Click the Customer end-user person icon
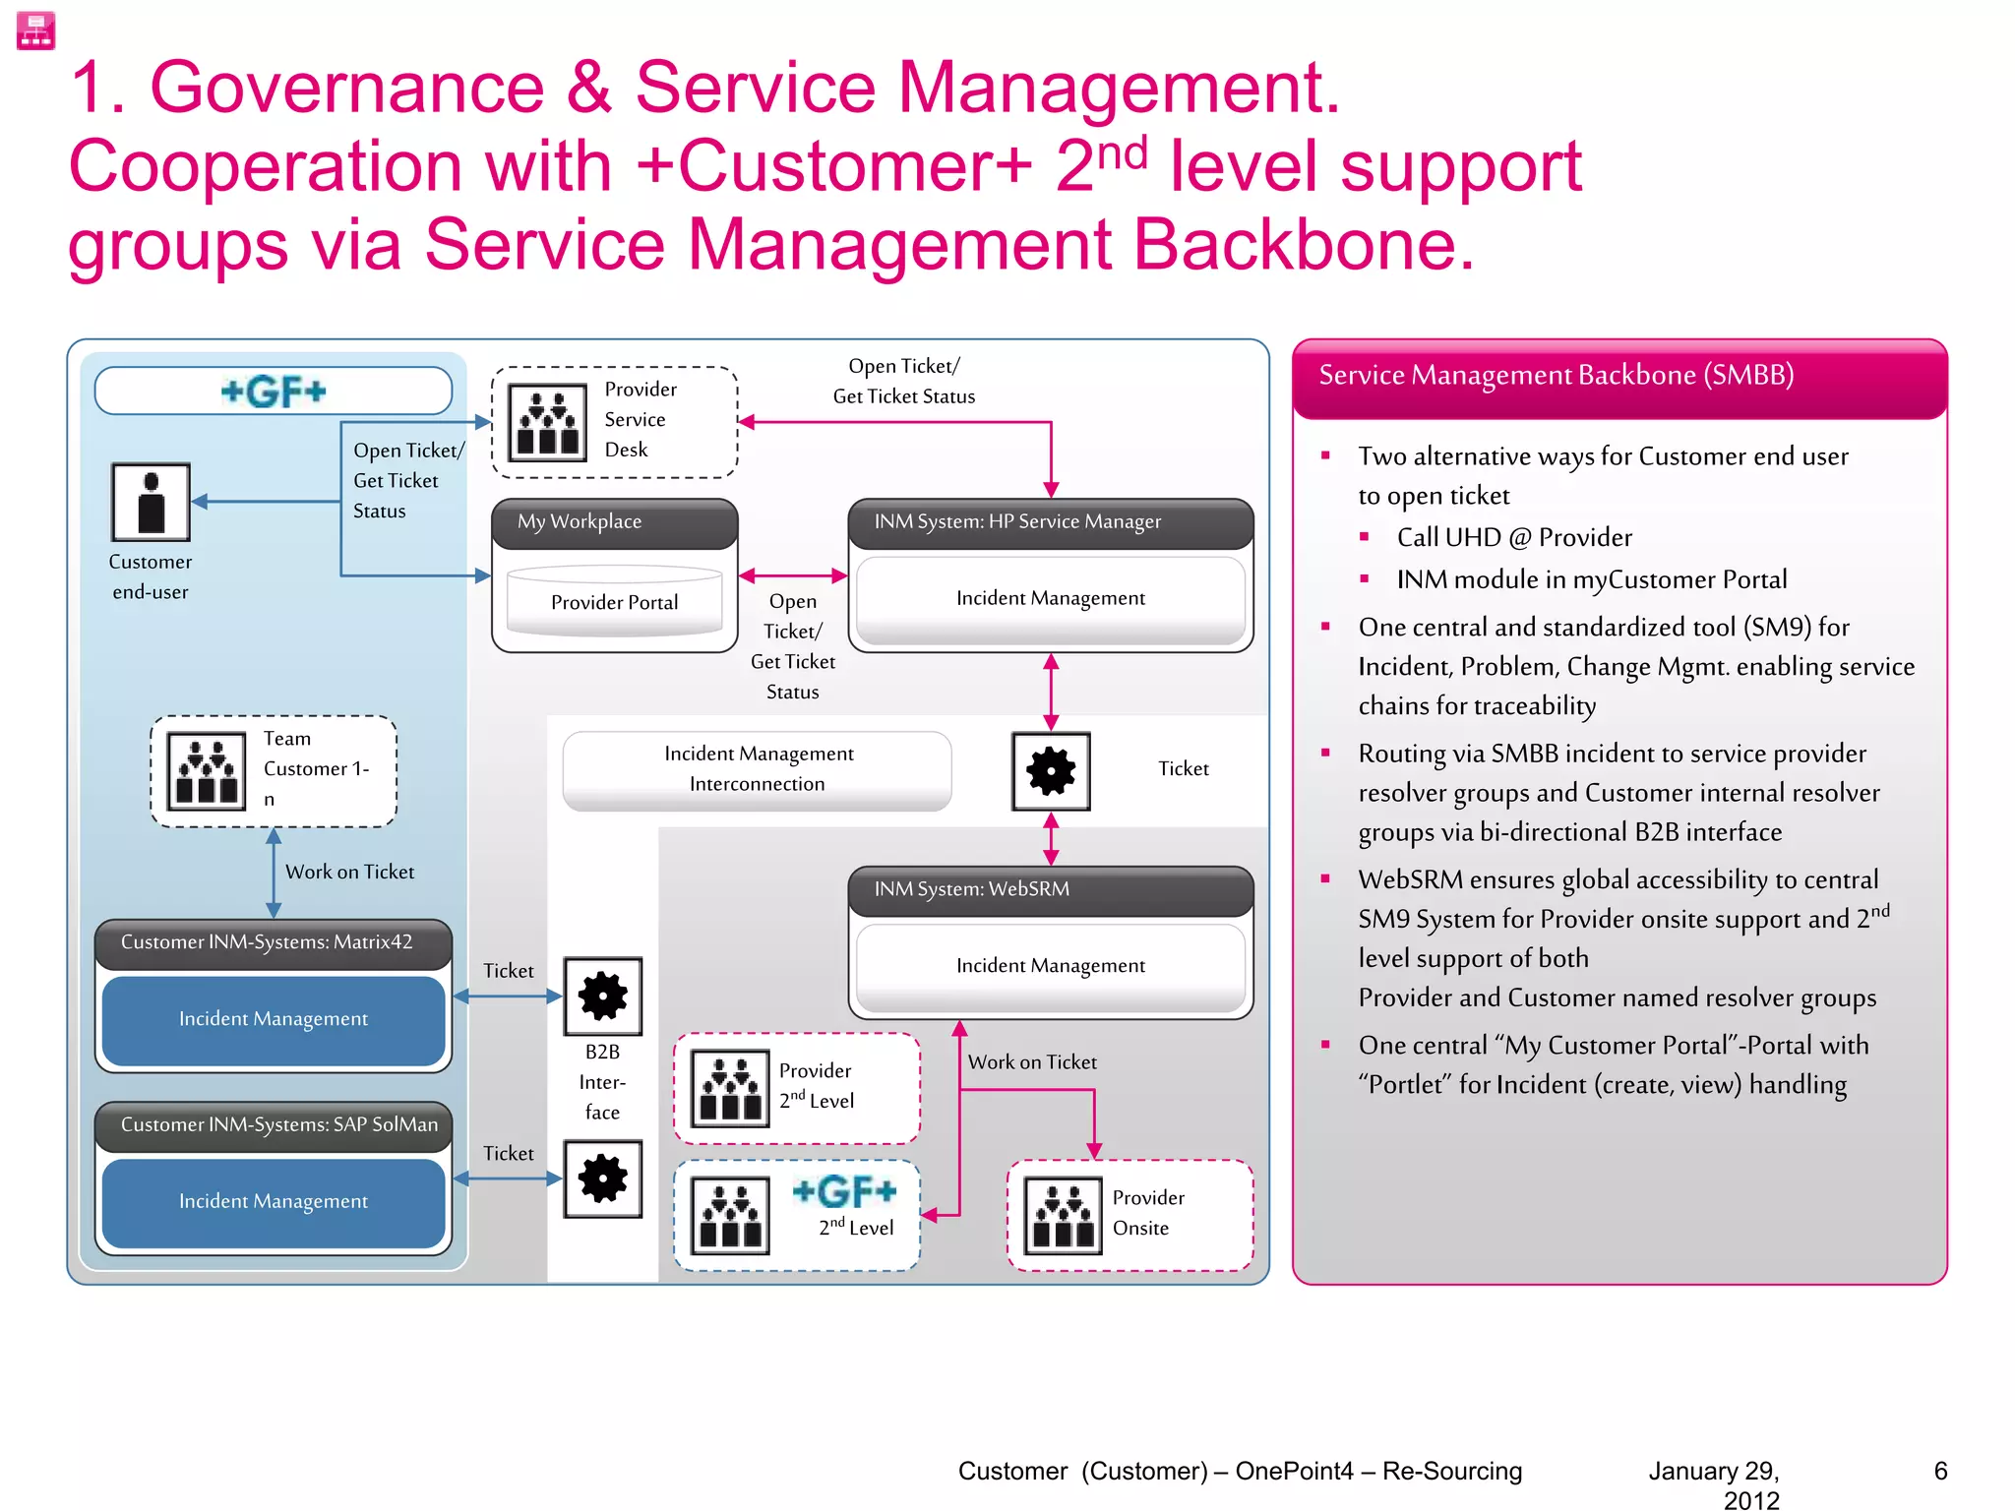(151, 502)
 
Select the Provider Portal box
(614, 601)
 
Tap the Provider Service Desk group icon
(547, 422)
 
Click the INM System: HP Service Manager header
(1050, 521)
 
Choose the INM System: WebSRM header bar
(1050, 889)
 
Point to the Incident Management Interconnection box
(757, 769)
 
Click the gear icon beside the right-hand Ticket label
(1051, 770)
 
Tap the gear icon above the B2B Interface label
(602, 996)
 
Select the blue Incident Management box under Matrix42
(274, 1019)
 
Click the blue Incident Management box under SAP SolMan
(274, 1201)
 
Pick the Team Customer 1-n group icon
(207, 771)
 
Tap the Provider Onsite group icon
(1063, 1216)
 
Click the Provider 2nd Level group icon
(729, 1088)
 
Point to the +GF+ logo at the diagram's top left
(274, 392)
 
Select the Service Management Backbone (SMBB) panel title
(1556, 375)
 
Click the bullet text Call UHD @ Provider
(1513, 537)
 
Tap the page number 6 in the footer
(1940, 1471)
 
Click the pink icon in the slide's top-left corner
(36, 30)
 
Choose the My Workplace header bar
(614, 521)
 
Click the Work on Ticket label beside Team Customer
(349, 872)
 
